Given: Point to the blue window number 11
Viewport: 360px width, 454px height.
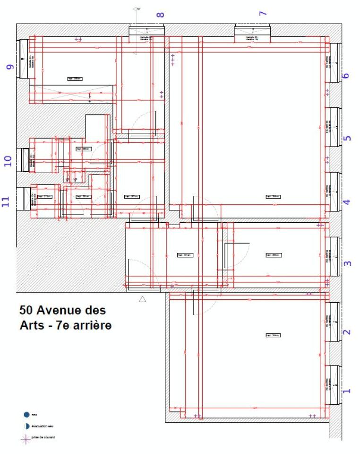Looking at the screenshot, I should [x=6, y=202].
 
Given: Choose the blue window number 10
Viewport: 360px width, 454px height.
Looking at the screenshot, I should [x=8, y=161].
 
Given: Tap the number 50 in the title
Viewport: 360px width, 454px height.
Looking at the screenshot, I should [x=26, y=311].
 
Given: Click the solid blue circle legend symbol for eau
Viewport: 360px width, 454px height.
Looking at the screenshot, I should [x=26, y=415].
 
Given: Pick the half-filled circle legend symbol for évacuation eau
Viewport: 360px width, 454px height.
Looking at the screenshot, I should [x=26, y=426].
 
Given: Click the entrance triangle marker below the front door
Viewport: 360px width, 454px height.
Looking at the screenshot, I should [x=142, y=299].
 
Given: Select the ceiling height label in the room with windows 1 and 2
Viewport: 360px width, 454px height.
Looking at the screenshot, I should [x=273, y=335].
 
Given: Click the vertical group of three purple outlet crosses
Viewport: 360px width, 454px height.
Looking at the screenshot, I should [x=173, y=60].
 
